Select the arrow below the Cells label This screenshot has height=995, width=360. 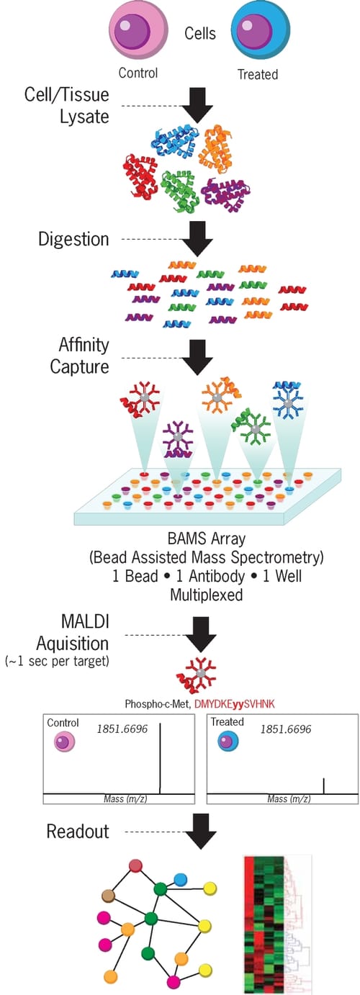(x=195, y=105)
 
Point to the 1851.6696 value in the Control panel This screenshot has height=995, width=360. (x=122, y=729)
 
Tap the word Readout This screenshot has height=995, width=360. (x=78, y=832)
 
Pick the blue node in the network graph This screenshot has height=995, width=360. (x=180, y=879)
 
